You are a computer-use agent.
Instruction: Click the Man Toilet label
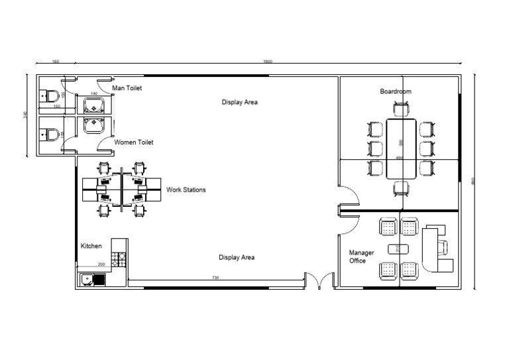click(127, 88)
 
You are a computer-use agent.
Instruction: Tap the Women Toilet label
click(134, 142)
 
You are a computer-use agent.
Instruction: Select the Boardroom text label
click(395, 91)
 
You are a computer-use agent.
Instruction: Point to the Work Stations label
click(186, 190)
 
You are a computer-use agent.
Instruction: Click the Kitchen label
click(91, 246)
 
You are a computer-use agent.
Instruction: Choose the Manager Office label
click(362, 257)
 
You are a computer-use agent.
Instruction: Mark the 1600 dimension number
click(267, 62)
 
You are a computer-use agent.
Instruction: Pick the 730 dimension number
click(215, 276)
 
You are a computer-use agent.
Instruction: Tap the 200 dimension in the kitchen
click(101, 265)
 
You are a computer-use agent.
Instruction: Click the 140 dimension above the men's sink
click(93, 94)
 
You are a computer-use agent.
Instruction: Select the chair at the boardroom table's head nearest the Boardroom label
click(401, 109)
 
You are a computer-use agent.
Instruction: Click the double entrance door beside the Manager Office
click(321, 281)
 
